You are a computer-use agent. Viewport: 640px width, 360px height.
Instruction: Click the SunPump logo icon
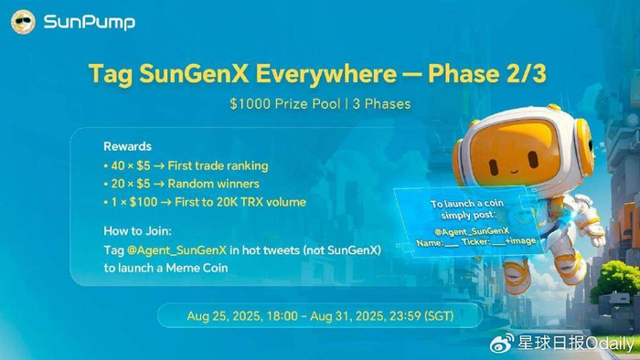click(x=26, y=21)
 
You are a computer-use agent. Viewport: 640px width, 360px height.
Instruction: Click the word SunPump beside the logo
click(x=89, y=22)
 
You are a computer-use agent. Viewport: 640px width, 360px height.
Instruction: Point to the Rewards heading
click(x=127, y=146)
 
